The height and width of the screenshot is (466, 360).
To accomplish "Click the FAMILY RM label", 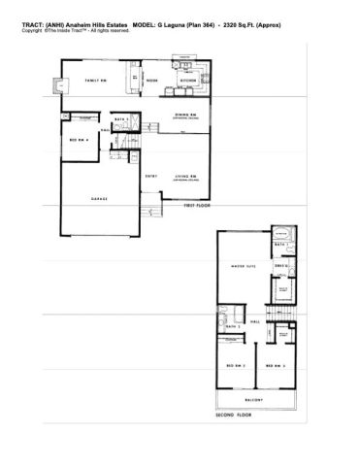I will coord(94,81).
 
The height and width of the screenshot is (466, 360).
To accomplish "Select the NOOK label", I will coord(152,81).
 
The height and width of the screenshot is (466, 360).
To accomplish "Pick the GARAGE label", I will coord(99,198).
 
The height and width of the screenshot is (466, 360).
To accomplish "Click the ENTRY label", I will coord(151,176).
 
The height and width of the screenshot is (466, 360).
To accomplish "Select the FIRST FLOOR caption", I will coord(198,207).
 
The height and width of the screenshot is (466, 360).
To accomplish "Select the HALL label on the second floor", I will coord(254,320).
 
